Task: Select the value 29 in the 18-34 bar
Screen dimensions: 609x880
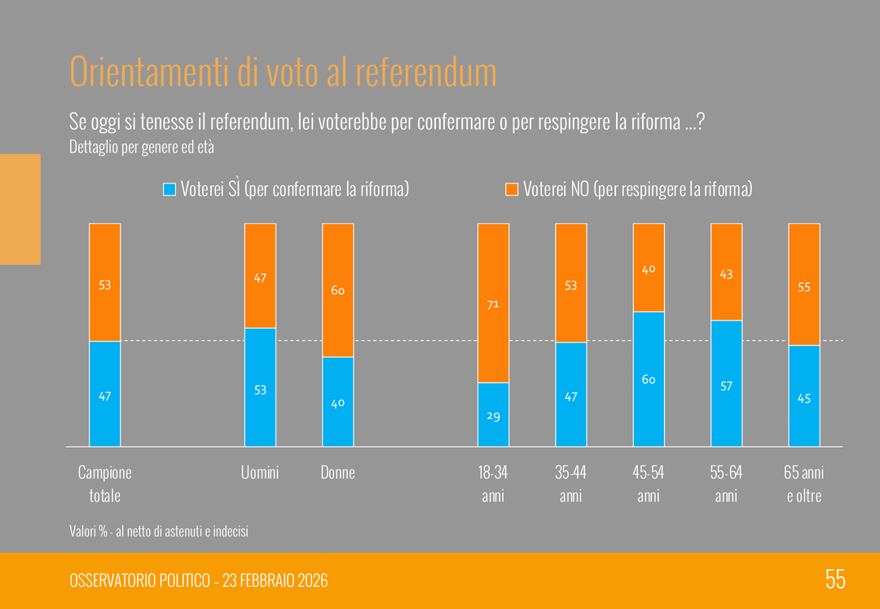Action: point(493,416)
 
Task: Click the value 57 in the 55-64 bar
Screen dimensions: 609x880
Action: point(726,386)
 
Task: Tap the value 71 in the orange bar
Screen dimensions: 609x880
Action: point(493,305)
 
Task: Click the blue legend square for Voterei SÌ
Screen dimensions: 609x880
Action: point(169,189)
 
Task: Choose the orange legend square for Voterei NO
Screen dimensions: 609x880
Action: point(512,189)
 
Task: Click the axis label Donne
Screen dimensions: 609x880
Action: point(337,473)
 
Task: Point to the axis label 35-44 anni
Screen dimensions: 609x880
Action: point(570,483)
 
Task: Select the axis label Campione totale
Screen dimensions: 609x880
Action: point(104,483)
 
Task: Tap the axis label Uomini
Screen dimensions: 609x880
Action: point(260,473)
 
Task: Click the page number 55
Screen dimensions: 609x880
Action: point(835,580)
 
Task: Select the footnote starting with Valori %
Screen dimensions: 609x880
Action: point(159,532)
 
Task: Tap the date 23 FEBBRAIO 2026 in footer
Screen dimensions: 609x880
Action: point(274,580)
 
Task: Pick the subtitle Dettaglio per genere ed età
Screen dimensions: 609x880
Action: point(142,148)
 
